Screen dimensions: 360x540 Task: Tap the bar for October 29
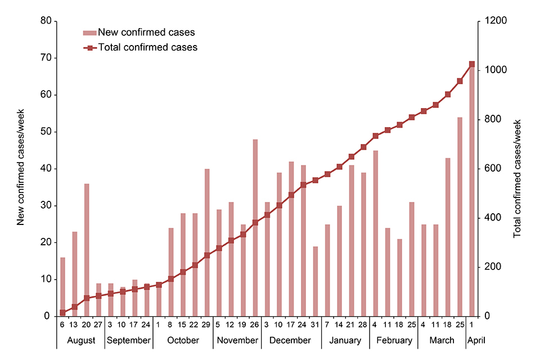[207, 242]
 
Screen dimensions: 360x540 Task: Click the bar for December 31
[316, 281]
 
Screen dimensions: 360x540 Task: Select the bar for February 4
[376, 233]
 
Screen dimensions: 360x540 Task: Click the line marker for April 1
[472, 64]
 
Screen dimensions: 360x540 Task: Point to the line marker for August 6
[62, 313]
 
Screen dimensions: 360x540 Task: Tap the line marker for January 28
[363, 147]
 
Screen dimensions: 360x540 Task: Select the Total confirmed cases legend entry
[147, 47]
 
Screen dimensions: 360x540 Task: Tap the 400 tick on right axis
[488, 218]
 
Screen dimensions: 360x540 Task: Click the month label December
[290, 340]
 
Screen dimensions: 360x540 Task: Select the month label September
[128, 340]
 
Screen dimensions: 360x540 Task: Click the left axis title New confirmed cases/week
[21, 169]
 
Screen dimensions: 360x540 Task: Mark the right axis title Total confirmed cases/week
[518, 178]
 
